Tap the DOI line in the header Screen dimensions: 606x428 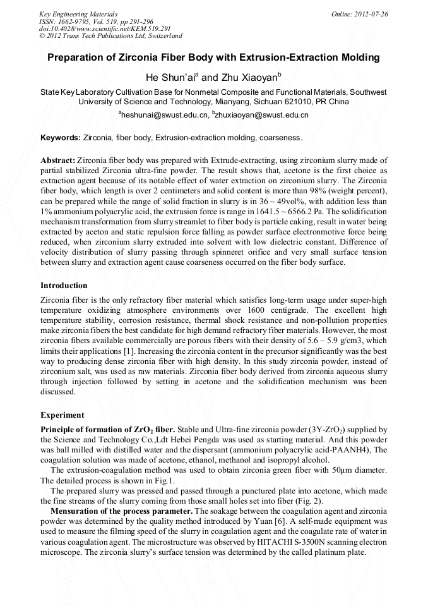point(105,28)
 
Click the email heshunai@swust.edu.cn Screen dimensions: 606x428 point(163,115)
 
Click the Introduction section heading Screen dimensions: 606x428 point(64,286)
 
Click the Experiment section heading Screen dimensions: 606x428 point(62,415)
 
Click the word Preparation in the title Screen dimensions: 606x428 point(76,58)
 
